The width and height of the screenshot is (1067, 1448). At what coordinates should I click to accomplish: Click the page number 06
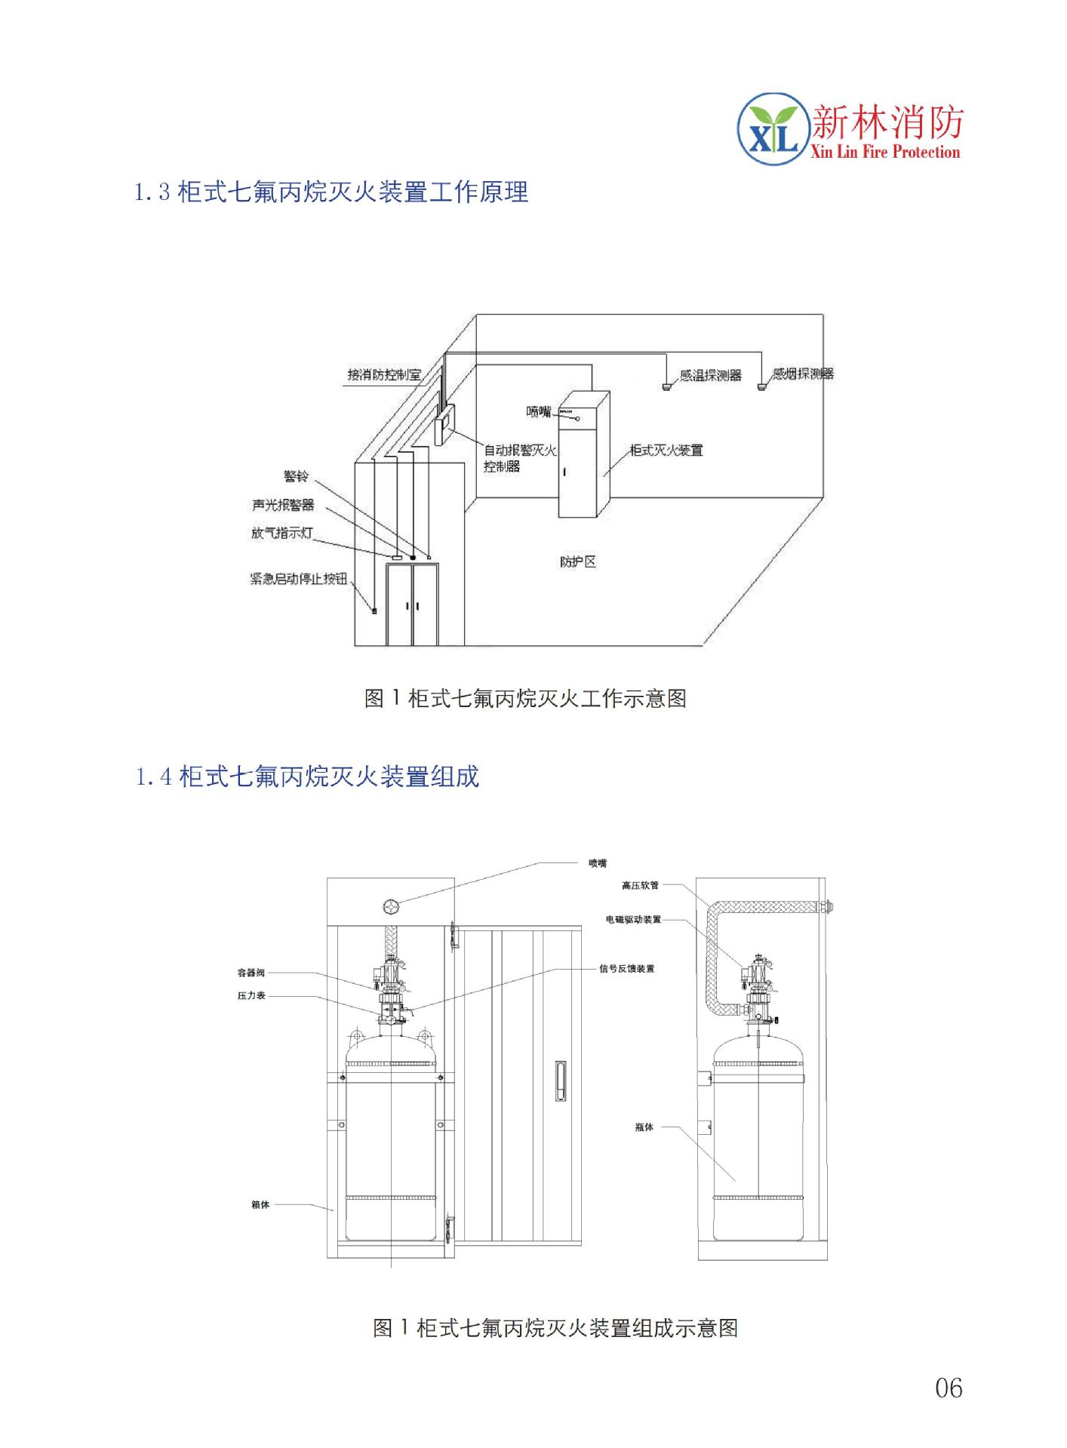(949, 1388)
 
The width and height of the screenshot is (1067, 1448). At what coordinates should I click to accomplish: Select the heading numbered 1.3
(331, 192)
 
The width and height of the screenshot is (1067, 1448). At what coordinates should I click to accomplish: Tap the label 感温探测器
(710, 375)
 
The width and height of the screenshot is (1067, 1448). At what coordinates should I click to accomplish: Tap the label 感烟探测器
(802, 374)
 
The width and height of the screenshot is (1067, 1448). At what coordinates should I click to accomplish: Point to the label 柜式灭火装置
(666, 450)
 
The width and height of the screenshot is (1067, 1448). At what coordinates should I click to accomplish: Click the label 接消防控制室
(384, 374)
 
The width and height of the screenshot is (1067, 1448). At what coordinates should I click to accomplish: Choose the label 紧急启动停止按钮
(299, 580)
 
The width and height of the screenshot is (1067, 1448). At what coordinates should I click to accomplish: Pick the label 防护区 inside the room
(578, 562)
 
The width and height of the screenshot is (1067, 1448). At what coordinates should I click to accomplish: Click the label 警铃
(295, 476)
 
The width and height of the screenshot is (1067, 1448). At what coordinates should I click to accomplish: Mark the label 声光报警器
(283, 505)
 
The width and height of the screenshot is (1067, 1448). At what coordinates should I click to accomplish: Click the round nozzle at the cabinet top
(391, 906)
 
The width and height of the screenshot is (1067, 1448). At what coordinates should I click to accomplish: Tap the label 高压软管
(640, 885)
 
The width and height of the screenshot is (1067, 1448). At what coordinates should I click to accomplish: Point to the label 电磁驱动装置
(633, 920)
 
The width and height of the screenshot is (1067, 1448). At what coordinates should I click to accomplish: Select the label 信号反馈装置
(626, 969)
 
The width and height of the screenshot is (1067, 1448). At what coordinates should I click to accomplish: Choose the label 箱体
(260, 1205)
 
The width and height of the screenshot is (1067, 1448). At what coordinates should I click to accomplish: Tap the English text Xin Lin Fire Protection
(884, 152)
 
